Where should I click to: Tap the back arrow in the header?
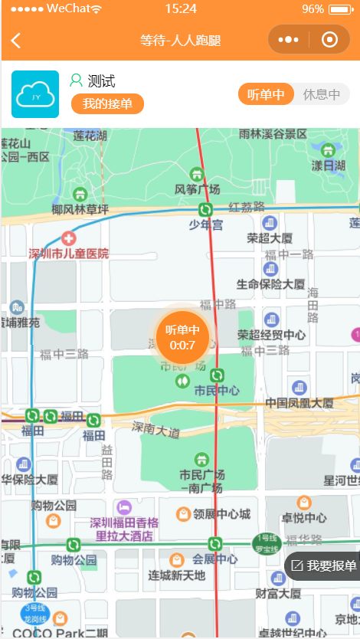(x=16, y=41)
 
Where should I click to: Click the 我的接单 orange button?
(x=107, y=103)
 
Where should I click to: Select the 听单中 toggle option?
(x=266, y=94)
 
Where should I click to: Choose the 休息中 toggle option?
(x=322, y=94)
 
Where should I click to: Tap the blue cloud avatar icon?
(x=35, y=94)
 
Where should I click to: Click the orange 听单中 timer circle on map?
(x=183, y=336)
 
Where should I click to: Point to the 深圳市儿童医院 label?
(x=69, y=254)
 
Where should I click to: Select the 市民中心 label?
(x=217, y=390)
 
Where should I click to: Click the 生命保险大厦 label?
(x=270, y=284)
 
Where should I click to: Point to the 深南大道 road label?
(x=155, y=428)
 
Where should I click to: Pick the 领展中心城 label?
(x=222, y=513)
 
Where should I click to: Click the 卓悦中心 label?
(x=305, y=517)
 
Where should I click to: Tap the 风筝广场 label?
(x=198, y=188)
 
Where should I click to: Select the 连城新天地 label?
(x=177, y=575)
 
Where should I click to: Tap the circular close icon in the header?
(x=329, y=40)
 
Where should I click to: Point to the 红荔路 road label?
(x=247, y=207)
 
